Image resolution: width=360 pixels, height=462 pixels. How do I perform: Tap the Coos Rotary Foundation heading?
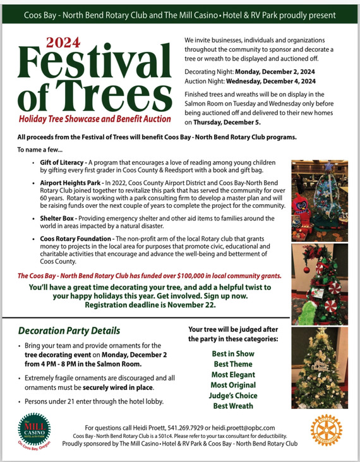pyautogui.click(x=80, y=239)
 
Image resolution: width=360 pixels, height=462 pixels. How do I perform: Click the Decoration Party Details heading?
pyautogui.click(x=69, y=331)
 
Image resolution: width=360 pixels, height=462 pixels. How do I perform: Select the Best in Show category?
pyautogui.click(x=233, y=354)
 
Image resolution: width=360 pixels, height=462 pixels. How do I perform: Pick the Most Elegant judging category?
pyautogui.click(x=233, y=375)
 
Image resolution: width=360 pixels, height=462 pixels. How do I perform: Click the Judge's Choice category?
pyautogui.click(x=233, y=396)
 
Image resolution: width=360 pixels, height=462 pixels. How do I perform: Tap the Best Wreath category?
pyautogui.click(x=233, y=406)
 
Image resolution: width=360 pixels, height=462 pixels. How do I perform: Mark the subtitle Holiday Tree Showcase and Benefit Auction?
pyautogui.click(x=95, y=119)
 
